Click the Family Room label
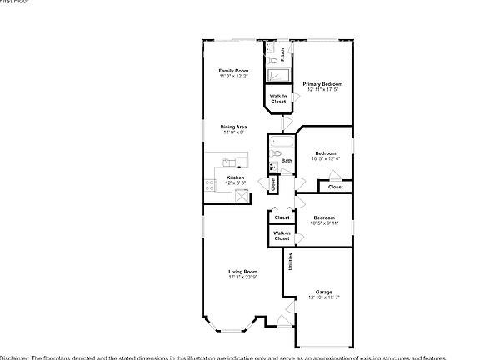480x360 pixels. (x=234, y=71)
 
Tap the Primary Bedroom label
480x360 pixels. (x=323, y=84)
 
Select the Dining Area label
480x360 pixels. (x=234, y=127)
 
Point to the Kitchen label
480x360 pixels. (x=236, y=177)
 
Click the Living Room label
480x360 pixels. (x=243, y=272)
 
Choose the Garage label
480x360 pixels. (x=323, y=292)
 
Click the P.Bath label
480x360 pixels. (x=283, y=57)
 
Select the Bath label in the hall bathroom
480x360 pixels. (x=287, y=161)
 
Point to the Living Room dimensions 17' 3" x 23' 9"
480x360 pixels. (x=243, y=277)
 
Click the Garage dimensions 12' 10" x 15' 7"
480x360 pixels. (x=323, y=297)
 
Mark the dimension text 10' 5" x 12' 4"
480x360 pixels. (x=325, y=159)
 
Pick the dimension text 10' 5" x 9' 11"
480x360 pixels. (x=325, y=222)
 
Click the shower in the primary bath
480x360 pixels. (x=277, y=76)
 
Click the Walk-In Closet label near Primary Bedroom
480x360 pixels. (x=278, y=99)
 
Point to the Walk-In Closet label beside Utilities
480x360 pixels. (x=282, y=236)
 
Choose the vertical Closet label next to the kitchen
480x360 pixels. (x=273, y=184)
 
